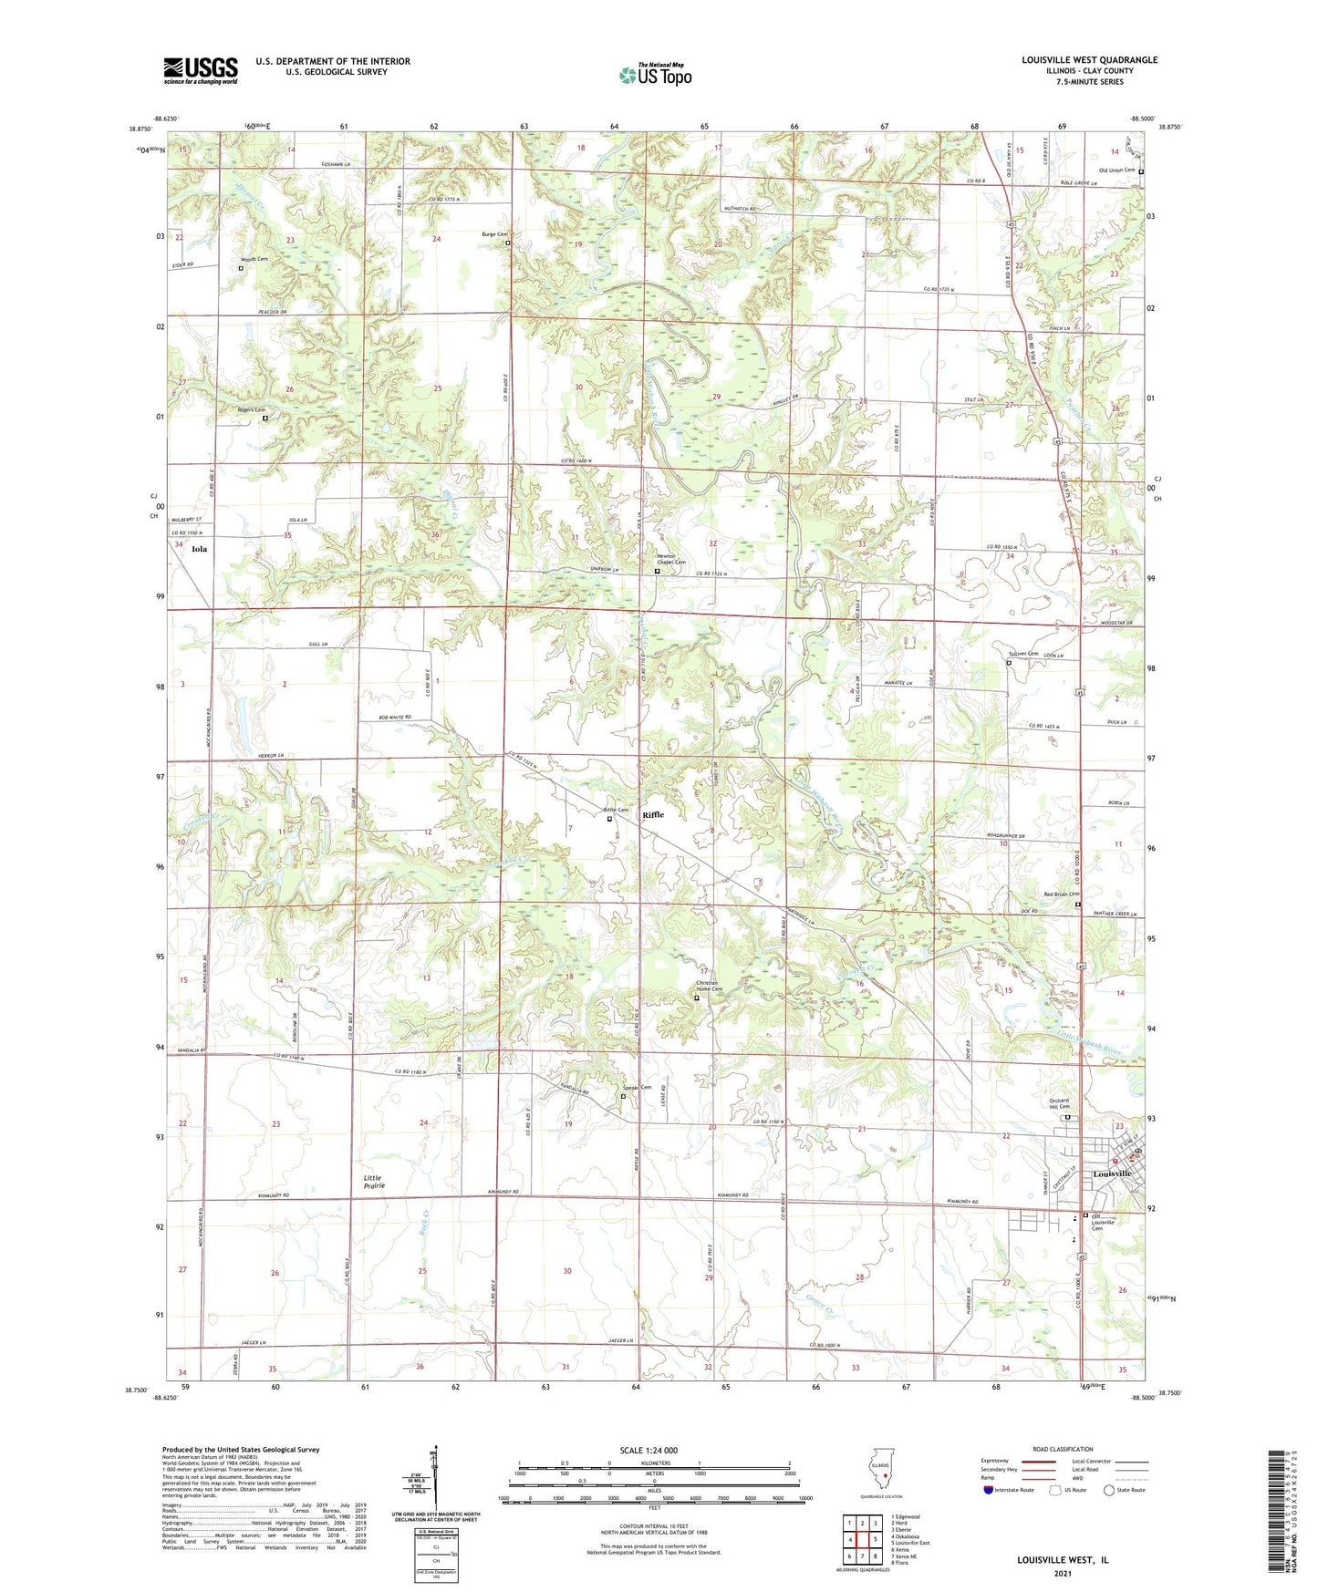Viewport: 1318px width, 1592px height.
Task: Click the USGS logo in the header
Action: click(x=201, y=70)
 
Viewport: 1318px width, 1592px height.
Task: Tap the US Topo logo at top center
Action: click(x=655, y=75)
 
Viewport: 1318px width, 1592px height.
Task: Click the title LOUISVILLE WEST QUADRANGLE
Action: click(x=1089, y=60)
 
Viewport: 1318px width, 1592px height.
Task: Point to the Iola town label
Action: click(x=199, y=549)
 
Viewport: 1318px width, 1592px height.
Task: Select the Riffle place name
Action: click(x=653, y=814)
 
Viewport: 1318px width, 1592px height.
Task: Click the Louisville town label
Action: click(x=1112, y=1173)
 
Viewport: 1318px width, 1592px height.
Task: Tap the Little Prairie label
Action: click(x=374, y=1182)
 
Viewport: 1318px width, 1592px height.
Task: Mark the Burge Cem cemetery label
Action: click(x=493, y=234)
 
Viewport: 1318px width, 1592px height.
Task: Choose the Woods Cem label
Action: click(x=254, y=259)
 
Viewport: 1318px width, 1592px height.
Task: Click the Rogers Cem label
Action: click(x=251, y=409)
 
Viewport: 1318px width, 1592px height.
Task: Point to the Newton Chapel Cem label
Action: click(x=671, y=559)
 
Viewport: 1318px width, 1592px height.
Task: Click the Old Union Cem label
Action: click(x=1116, y=171)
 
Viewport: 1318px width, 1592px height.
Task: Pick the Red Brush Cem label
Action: click(x=1061, y=894)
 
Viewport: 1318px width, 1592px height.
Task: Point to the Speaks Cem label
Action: click(x=637, y=1087)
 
